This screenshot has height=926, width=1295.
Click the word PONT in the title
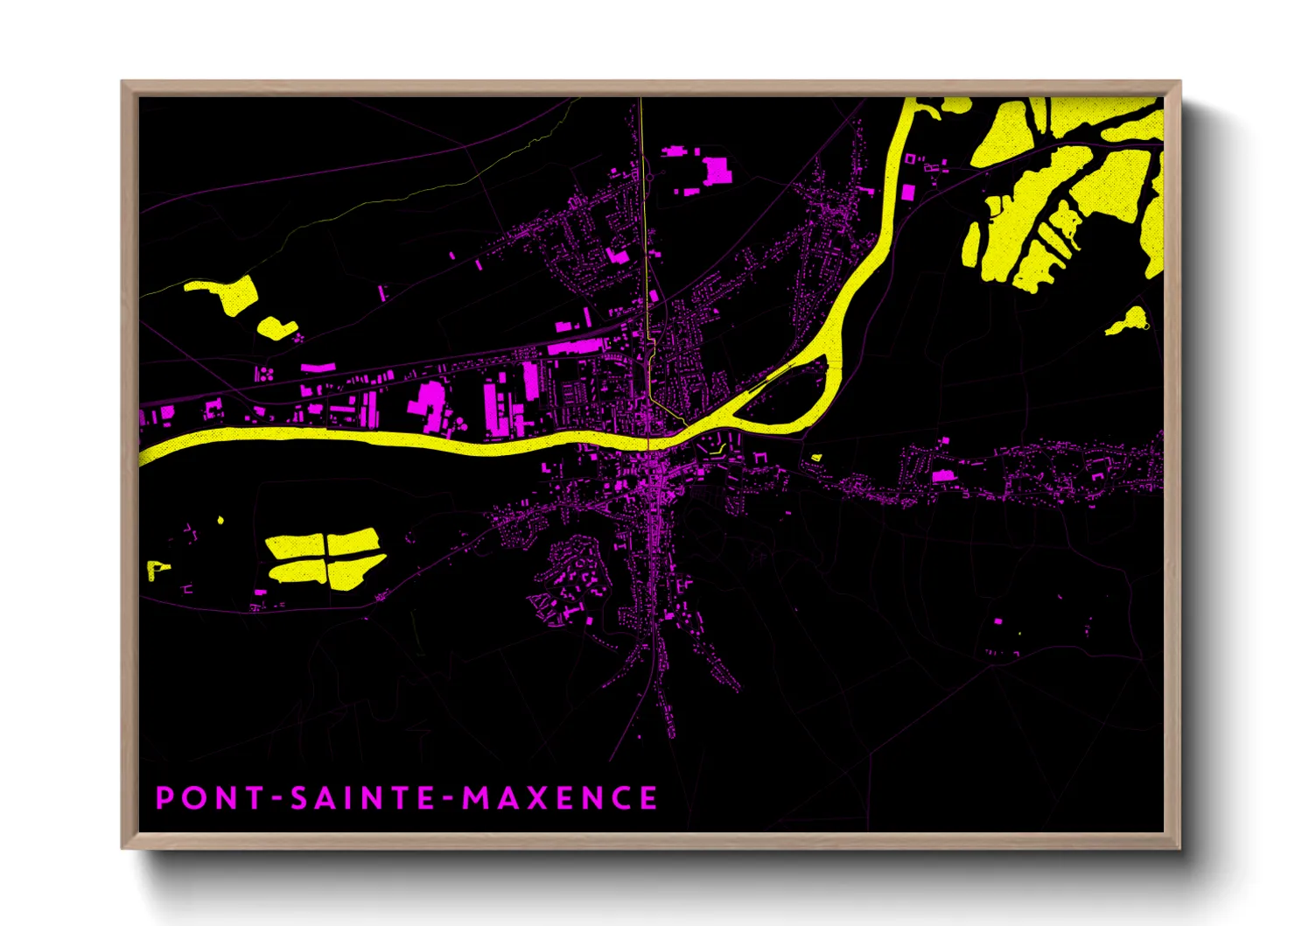210,798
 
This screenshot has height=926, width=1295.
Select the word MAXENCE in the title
560,798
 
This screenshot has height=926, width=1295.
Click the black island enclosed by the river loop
792,394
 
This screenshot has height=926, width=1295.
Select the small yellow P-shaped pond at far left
156,569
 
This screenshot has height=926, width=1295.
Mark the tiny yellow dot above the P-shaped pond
220,520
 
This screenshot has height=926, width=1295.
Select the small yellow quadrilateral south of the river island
816,457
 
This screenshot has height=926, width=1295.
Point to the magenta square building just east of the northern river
908,192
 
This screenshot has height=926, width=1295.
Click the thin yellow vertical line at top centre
642,175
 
